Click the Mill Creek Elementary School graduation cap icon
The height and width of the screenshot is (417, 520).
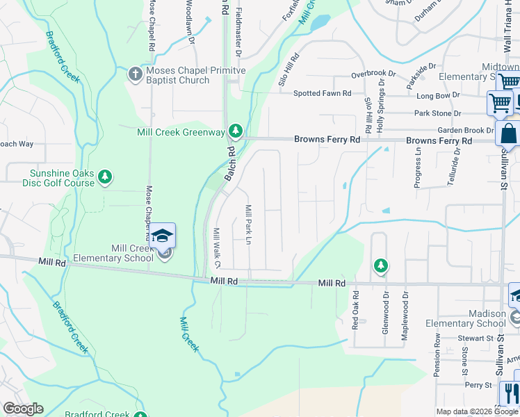(162, 236)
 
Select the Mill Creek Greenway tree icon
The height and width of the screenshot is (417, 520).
(236, 131)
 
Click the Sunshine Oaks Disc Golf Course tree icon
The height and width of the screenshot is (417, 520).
(105, 177)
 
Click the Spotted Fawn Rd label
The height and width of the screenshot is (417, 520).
(322, 93)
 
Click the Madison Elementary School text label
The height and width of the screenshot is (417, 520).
(462, 318)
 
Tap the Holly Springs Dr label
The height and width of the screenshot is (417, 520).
(380, 105)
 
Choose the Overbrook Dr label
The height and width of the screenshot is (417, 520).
(373, 74)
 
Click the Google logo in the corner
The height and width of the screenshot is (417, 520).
(23, 409)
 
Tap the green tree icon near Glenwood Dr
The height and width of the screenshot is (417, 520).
(380, 265)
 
